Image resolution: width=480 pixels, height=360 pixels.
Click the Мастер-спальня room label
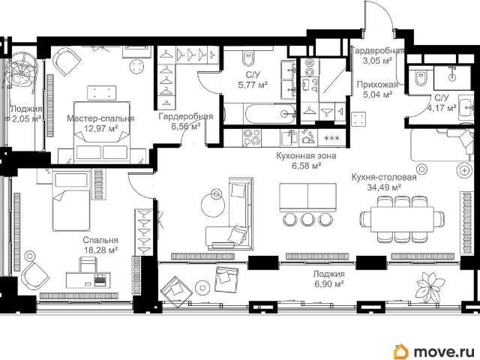point(100,118)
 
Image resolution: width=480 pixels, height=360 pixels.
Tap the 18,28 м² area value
point(101,250)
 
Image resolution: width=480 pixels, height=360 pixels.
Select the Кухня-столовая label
point(384,177)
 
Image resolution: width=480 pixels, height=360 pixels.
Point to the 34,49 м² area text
point(384,187)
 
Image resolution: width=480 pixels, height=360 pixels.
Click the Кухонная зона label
point(306,156)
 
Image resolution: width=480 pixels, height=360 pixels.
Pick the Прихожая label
point(377,85)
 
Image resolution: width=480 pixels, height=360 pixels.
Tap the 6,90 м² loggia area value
point(328,284)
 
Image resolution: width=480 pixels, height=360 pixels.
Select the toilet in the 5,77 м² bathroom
point(248,58)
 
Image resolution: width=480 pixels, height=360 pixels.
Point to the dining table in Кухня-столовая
point(402,219)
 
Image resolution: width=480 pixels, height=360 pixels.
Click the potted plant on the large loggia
point(430,287)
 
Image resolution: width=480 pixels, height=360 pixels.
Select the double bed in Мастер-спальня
point(102,132)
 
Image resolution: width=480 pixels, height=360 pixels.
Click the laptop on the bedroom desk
point(100,280)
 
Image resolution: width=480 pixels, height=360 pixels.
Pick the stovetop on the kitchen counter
point(252,138)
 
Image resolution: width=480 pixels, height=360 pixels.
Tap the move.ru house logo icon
point(401,351)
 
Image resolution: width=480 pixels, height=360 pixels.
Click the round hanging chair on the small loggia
point(22,72)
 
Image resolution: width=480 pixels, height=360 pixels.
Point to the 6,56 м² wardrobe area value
point(186,127)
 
